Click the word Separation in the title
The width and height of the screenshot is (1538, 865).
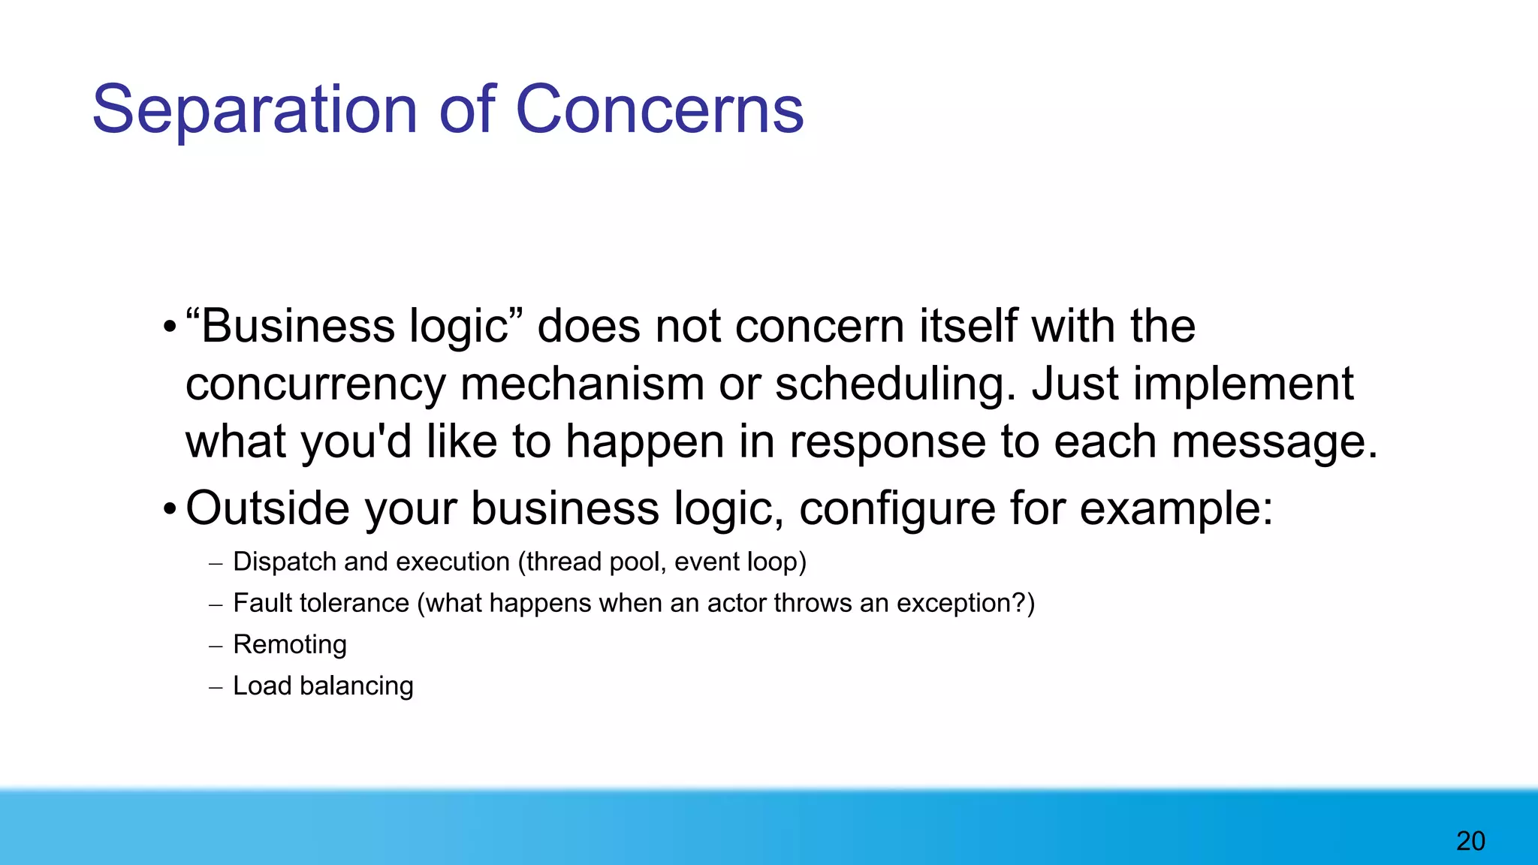point(254,110)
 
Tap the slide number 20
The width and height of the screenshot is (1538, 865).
point(1470,841)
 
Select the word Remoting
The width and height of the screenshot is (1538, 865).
point(290,644)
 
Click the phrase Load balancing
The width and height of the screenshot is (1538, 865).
point(323,686)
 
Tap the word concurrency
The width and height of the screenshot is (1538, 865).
point(315,384)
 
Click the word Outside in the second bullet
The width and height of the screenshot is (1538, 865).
point(267,508)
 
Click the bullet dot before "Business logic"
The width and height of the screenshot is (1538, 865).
point(170,327)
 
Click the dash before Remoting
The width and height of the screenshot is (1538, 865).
point(216,646)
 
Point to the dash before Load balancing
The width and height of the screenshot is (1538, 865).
point(216,687)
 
